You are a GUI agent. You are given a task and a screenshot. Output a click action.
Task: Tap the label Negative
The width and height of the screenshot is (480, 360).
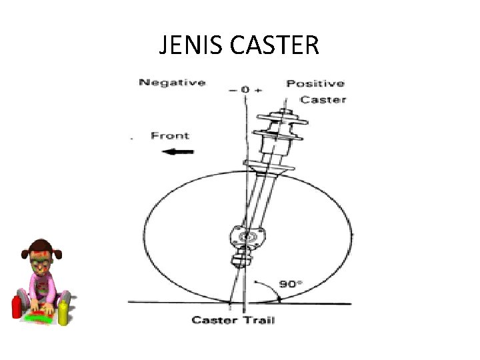[x=171, y=83]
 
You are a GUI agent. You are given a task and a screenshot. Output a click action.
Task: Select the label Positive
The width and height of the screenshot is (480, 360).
[x=315, y=83]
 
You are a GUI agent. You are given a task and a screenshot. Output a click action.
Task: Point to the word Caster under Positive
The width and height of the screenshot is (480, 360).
[x=323, y=99]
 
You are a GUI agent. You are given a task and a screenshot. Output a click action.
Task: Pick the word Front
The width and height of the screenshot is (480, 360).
[x=170, y=135]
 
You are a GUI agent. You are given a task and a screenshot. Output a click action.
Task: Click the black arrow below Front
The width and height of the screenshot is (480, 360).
[x=178, y=151]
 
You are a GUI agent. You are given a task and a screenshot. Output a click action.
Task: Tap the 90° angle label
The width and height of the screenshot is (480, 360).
[x=291, y=283]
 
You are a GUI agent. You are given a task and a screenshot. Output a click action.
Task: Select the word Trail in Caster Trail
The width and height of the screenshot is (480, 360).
[x=258, y=320]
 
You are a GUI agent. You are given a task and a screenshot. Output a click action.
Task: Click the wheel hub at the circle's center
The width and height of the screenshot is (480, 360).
[x=249, y=236]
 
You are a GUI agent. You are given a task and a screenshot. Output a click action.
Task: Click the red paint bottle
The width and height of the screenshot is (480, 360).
[x=17, y=307]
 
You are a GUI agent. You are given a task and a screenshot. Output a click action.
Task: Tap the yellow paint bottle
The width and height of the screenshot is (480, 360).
[x=64, y=312]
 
